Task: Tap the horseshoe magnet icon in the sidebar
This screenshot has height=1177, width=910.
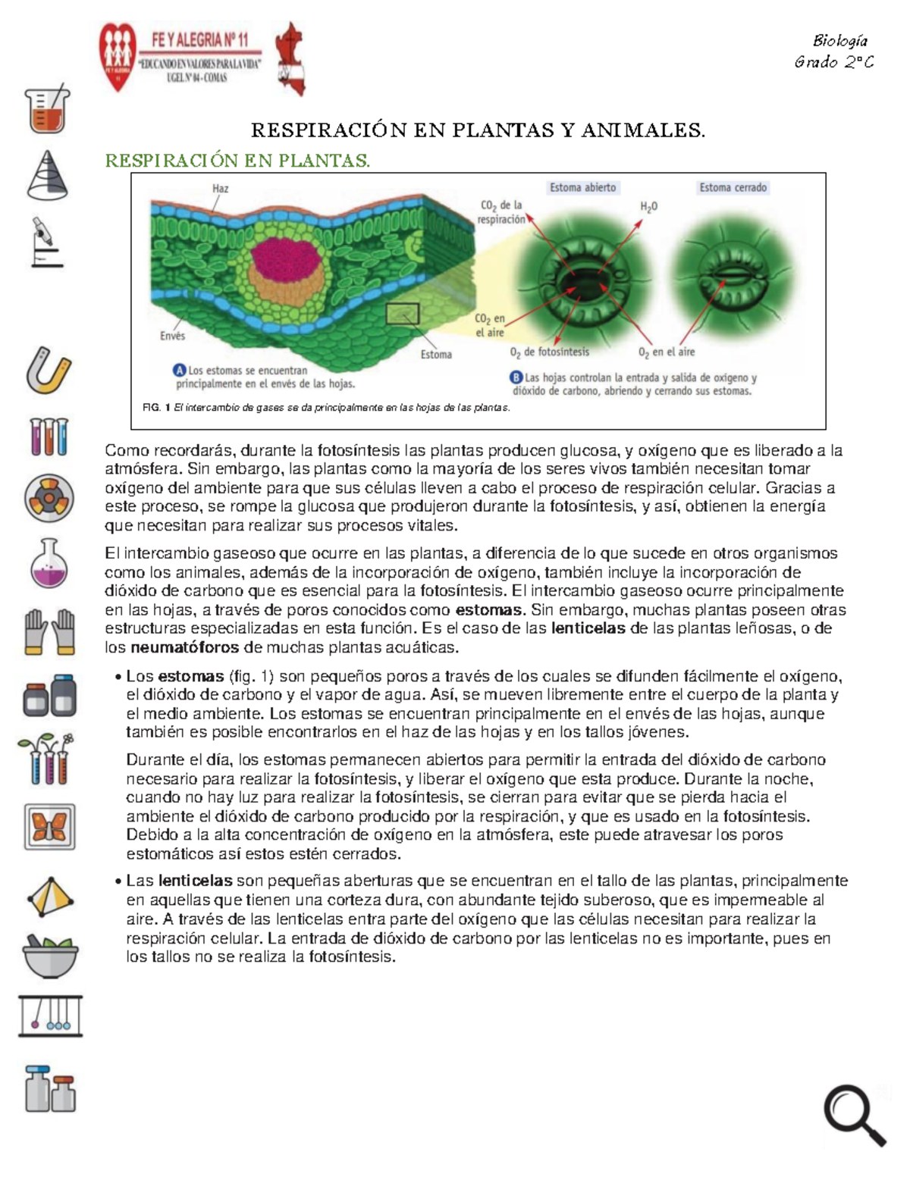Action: [x=49, y=371]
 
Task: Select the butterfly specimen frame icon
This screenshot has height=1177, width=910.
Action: [x=49, y=827]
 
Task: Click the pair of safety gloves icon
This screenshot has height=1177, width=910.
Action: [x=49, y=631]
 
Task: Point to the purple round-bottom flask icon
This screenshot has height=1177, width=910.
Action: [x=49, y=565]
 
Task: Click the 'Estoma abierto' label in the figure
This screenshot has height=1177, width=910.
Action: [x=582, y=187]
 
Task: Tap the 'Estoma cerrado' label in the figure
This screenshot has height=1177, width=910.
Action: [x=733, y=187]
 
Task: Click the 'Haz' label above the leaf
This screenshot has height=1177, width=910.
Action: [x=220, y=189]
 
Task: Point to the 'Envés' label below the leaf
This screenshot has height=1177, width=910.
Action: [x=172, y=336]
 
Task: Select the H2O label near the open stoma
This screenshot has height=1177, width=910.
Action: [x=648, y=206]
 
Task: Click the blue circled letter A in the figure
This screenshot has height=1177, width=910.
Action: [x=180, y=371]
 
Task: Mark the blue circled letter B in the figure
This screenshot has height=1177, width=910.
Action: [x=516, y=377]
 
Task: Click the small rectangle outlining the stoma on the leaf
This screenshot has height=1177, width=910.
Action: [x=402, y=313]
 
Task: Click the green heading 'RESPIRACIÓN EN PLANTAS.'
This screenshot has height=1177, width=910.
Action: [x=237, y=161]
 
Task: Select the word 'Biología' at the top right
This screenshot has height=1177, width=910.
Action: [x=839, y=41]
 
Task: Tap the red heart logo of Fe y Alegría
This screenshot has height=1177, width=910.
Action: [x=118, y=55]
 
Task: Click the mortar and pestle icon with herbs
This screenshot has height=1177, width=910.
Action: [x=50, y=956]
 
